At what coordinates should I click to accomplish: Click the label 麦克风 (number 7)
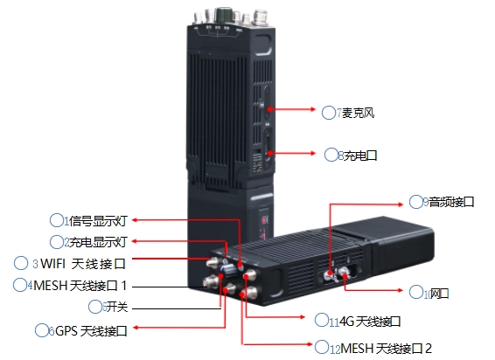pos(359,113)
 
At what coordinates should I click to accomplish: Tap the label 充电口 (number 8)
pos(360,156)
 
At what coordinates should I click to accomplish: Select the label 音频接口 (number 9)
pos(451,202)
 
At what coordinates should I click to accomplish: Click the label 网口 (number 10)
pos(439,294)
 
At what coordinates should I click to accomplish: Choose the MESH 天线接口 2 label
pos(386,349)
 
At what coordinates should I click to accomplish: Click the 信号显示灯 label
pos(98,221)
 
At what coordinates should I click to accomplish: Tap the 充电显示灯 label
pos(98,242)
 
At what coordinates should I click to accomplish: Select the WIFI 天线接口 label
pos(83,264)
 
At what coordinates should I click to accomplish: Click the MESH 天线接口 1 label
pos(80,286)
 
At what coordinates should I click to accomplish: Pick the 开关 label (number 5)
pos(117,307)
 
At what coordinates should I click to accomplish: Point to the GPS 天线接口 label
pos(91,331)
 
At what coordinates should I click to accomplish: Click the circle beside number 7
pos(328,113)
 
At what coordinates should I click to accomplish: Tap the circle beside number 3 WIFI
pos(21,263)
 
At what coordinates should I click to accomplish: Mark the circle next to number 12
pos(321,347)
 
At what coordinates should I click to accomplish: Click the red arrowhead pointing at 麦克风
pos(313,109)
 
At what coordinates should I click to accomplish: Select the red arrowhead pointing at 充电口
pos(313,153)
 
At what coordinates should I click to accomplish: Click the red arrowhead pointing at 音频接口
pos(401,204)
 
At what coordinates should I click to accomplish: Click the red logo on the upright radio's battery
pos(262,219)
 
